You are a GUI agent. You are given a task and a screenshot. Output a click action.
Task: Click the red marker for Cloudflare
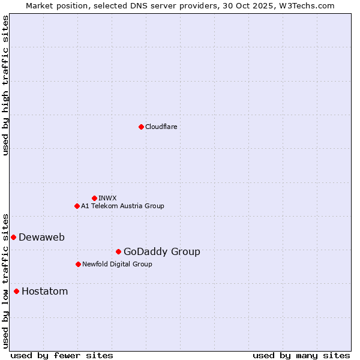pyautogui.click(x=141, y=127)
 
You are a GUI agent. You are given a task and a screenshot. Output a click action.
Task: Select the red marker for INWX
pyautogui.click(x=94, y=198)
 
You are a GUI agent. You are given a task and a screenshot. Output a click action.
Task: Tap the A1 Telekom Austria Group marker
pyautogui.click(x=77, y=206)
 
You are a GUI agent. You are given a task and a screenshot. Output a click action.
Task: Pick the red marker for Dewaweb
pyautogui.click(x=13, y=237)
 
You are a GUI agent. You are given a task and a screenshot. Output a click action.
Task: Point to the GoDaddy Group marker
pyautogui.click(x=118, y=251)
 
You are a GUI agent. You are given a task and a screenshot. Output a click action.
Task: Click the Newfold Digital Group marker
pyautogui.click(x=78, y=264)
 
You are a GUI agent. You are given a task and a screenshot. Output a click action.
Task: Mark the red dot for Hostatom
pyautogui.click(x=16, y=291)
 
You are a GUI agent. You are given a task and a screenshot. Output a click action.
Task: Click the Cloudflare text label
pyautogui.click(x=161, y=127)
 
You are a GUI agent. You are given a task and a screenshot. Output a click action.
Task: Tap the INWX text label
pyautogui.click(x=107, y=198)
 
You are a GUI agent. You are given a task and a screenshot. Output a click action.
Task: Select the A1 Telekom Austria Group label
pyautogui.click(x=122, y=206)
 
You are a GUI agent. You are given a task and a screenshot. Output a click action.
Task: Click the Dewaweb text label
pyautogui.click(x=41, y=237)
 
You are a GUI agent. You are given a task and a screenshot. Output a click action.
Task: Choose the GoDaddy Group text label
pyautogui.click(x=161, y=251)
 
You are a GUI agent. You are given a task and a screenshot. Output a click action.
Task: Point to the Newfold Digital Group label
pyautogui.click(x=117, y=264)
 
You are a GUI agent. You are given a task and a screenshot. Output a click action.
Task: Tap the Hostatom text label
pyautogui.click(x=44, y=291)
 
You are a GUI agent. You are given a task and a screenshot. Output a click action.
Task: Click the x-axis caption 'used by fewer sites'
pyautogui.click(x=62, y=355)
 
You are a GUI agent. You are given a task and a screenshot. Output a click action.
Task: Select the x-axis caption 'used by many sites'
pyautogui.click(x=301, y=355)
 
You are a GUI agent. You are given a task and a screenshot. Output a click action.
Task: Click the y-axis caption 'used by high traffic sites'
pyautogui.click(x=5, y=85)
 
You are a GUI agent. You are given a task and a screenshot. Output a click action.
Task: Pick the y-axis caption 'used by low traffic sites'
pyautogui.click(x=5, y=280)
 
